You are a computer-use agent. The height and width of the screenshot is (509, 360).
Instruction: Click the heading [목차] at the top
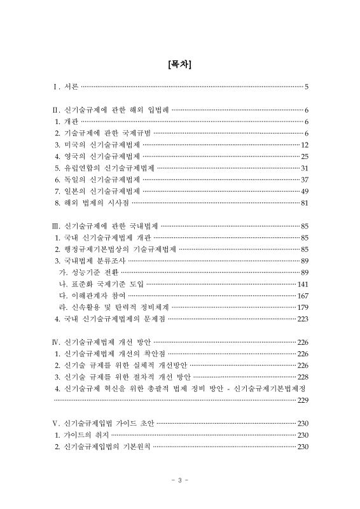pyautogui.click(x=180, y=64)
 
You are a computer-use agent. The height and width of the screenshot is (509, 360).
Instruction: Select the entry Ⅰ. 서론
pyautogui.click(x=66, y=87)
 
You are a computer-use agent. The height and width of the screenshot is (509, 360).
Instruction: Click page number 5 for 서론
pyautogui.click(x=307, y=87)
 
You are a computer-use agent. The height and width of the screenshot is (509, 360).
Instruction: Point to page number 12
pyautogui.click(x=305, y=144)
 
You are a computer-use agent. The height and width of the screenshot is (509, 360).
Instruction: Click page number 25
pyautogui.click(x=305, y=156)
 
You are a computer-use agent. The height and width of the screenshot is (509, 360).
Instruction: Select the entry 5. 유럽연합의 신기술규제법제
pyautogui.click(x=105, y=168)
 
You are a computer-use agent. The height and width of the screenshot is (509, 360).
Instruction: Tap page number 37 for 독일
pyautogui.click(x=305, y=179)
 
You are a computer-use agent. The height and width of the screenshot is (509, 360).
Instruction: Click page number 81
pyautogui.click(x=305, y=203)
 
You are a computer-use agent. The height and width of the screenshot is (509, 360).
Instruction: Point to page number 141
pyautogui.click(x=303, y=283)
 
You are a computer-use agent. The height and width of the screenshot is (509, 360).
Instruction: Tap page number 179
pyautogui.click(x=303, y=307)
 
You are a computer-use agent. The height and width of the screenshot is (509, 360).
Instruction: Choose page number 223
pyautogui.click(x=303, y=319)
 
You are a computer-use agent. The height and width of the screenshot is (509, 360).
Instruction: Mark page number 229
pyautogui.click(x=303, y=400)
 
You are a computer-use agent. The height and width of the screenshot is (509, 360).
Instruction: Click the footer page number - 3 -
pyautogui.click(x=180, y=480)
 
